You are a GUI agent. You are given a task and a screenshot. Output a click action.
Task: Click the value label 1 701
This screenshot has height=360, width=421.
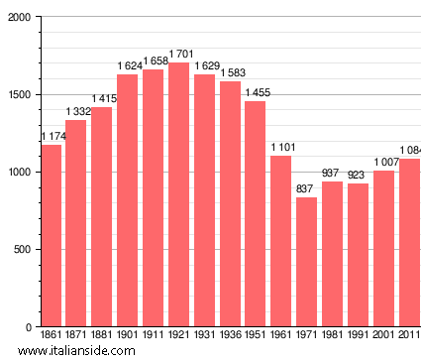click(x=179, y=55)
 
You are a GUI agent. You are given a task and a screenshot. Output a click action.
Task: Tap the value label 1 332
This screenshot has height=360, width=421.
click(x=77, y=111)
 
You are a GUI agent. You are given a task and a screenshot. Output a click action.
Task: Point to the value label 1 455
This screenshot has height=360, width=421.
click(x=257, y=92)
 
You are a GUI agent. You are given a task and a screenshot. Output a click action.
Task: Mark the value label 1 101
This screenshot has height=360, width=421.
click(x=282, y=148)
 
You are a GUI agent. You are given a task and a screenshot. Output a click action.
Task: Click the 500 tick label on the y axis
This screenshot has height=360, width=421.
click(x=20, y=250)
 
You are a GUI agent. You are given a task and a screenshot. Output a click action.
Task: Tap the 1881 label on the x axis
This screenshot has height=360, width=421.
click(x=102, y=335)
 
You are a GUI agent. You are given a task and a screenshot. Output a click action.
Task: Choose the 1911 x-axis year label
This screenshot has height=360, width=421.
click(x=154, y=335)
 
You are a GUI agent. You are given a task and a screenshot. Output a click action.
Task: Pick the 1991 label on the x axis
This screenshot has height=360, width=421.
click(x=358, y=335)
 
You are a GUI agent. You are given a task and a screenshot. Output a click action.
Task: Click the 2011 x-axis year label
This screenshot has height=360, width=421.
click(x=409, y=335)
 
